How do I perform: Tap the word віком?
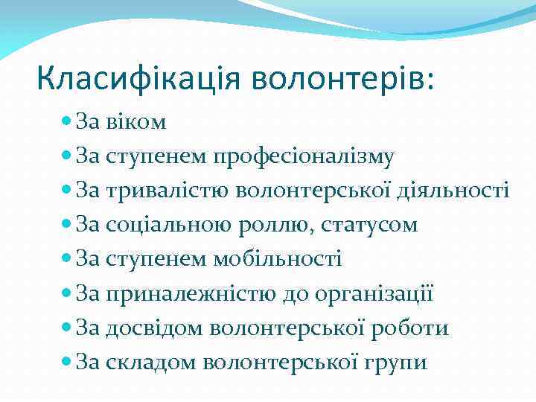point(138,121)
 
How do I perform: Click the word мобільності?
point(278,259)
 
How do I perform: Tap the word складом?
point(153,363)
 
